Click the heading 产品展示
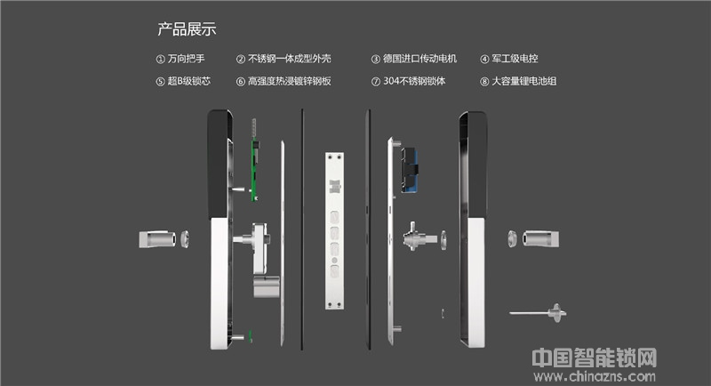[187, 29]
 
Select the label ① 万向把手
[180, 59]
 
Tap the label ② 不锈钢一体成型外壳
[284, 59]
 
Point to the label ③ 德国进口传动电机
[414, 59]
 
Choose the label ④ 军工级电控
[508, 59]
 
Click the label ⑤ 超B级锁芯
[183, 81]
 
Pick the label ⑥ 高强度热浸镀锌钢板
[284, 81]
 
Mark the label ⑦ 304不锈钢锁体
[408, 81]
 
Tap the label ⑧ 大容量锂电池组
[518, 81]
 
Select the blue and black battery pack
[409, 169]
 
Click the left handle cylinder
[157, 239]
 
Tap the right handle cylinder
[540, 238]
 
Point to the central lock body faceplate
[334, 231]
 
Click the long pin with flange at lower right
[538, 313]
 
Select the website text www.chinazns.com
[595, 376]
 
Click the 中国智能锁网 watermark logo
[595, 358]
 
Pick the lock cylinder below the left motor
[266, 286]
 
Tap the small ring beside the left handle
[185, 239]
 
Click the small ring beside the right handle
[512, 238]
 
